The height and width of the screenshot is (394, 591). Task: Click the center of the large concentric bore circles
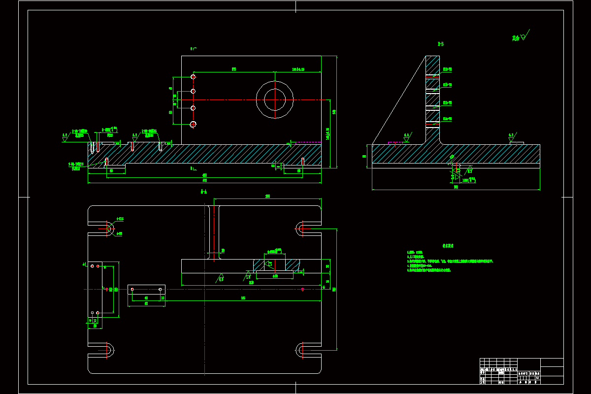[x=275, y=100]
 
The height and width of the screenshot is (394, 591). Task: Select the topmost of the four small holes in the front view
[x=194, y=77]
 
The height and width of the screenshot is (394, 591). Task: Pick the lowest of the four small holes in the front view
[x=193, y=124]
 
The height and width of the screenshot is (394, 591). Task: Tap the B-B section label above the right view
[x=441, y=44]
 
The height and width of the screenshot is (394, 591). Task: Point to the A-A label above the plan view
[x=204, y=191]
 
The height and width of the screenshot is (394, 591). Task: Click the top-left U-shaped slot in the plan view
[x=108, y=229]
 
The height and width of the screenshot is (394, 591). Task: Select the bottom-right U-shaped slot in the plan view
[x=301, y=350]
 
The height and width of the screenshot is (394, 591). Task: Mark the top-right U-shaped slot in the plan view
[x=301, y=228]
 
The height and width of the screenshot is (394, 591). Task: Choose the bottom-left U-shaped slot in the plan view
[x=108, y=350]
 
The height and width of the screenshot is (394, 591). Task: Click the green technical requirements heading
[x=448, y=245]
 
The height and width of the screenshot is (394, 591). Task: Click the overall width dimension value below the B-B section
[x=456, y=187]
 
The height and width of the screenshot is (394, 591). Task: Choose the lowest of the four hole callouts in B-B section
[x=447, y=119]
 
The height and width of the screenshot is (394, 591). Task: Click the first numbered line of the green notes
[x=412, y=252]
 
